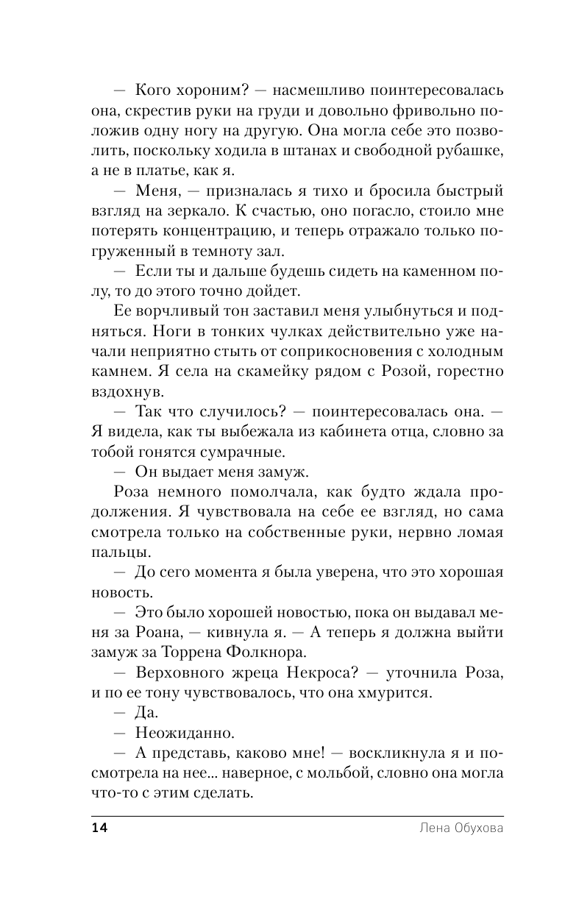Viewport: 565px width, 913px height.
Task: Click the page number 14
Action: (99, 828)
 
